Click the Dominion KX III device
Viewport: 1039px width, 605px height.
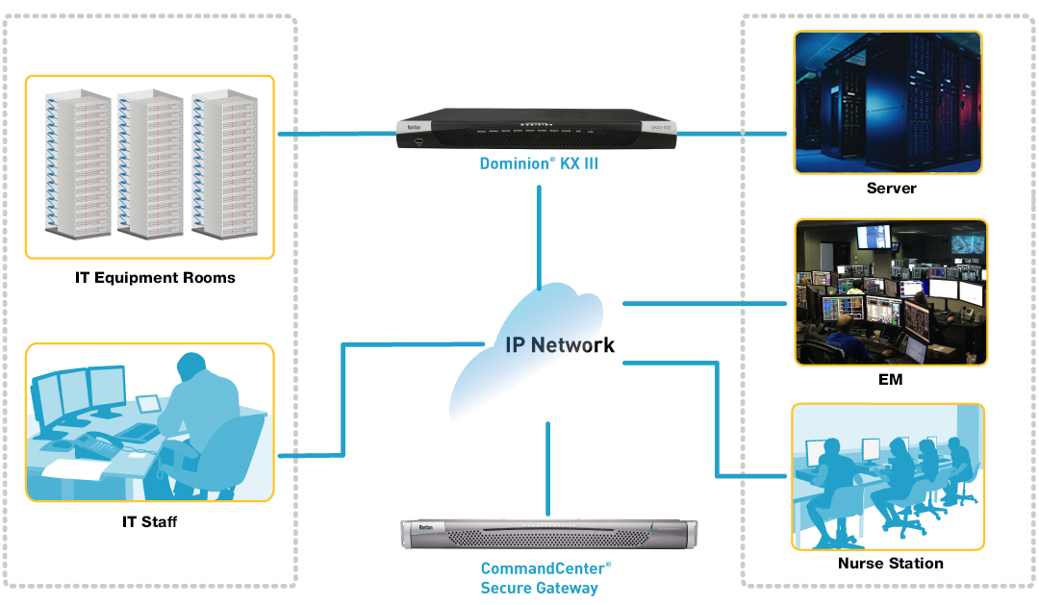[537, 130]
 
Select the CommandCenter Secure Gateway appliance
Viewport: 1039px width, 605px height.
[548, 537]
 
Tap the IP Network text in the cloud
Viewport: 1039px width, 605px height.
[560, 344]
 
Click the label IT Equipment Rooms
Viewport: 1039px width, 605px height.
[155, 278]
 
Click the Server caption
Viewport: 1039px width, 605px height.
[891, 189]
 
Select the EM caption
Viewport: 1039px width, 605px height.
[890, 379]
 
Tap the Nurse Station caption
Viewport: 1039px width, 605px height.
[890, 563]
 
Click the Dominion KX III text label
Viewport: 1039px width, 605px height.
[539, 164]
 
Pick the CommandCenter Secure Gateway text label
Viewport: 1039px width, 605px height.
[545, 578]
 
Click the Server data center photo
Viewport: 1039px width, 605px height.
[888, 102]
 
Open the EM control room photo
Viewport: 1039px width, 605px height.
[891, 292]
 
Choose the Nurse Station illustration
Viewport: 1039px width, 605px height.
[887, 476]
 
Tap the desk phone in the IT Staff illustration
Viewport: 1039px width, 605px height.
[96, 444]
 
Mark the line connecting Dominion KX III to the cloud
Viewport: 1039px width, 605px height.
[540, 236]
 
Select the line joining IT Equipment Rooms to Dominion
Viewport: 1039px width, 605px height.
[337, 135]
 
